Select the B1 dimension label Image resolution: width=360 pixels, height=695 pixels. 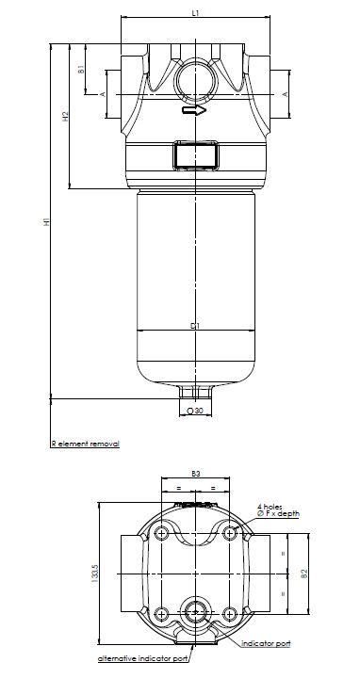[x=81, y=69]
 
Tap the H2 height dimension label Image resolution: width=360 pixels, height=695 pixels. [x=65, y=118]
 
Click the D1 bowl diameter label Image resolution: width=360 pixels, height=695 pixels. [x=194, y=326]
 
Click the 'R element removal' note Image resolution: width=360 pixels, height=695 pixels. [x=85, y=442]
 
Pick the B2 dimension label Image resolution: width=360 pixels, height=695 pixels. [x=303, y=572]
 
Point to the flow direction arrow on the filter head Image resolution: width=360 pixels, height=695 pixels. [x=194, y=111]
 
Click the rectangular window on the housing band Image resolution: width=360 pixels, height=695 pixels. [x=195, y=154]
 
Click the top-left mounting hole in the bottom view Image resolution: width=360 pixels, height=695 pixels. [x=162, y=534]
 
